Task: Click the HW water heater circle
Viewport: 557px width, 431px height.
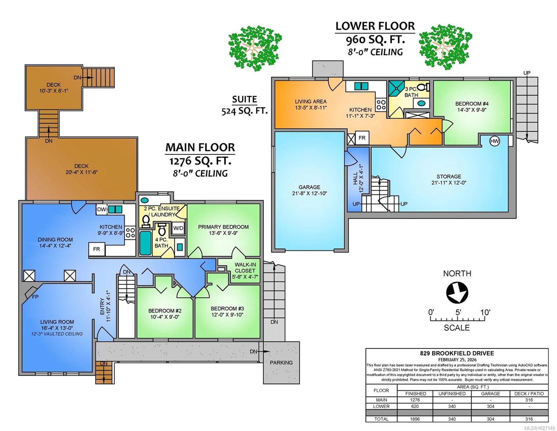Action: click(495, 141)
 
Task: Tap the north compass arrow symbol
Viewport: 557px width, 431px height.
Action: click(457, 293)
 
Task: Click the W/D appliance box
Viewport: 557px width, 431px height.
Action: click(178, 228)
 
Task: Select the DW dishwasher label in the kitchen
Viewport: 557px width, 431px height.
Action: click(102, 209)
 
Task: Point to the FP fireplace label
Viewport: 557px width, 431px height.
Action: click(35, 297)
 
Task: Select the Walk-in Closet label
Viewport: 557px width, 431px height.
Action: click(245, 268)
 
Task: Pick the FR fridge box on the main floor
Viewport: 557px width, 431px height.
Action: click(96, 249)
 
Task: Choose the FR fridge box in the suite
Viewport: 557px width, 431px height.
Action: click(362, 138)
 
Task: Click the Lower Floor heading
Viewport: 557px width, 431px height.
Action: click(375, 26)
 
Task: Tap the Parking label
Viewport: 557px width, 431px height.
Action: click(281, 362)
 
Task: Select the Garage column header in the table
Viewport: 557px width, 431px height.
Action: click(490, 394)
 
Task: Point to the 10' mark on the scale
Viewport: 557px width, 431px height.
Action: click(485, 312)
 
